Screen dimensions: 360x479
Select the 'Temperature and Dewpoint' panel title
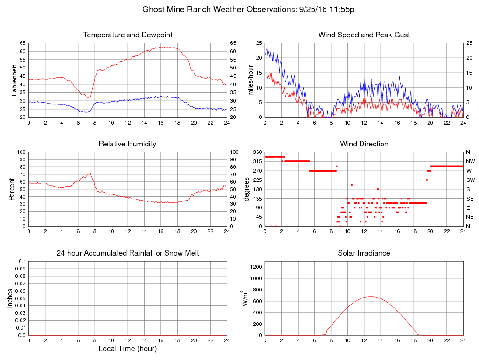128,35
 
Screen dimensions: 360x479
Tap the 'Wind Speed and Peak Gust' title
364,35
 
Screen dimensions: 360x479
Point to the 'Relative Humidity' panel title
127,144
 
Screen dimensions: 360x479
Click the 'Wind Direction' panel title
364,144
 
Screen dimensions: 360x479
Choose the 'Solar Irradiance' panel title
364,253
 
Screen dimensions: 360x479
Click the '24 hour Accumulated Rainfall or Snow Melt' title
128,253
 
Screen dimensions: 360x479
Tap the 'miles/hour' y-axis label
251,80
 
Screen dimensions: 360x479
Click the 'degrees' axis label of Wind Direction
247,189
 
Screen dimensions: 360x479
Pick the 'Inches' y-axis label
10,298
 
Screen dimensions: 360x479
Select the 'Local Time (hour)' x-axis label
127,349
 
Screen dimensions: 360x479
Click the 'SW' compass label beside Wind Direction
470,180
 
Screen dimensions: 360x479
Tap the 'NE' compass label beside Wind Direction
470,217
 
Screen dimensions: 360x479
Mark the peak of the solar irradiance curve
370,296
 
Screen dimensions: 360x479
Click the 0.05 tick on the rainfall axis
21,298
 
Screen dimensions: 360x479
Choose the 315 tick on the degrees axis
257,161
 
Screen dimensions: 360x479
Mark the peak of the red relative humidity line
90,173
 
